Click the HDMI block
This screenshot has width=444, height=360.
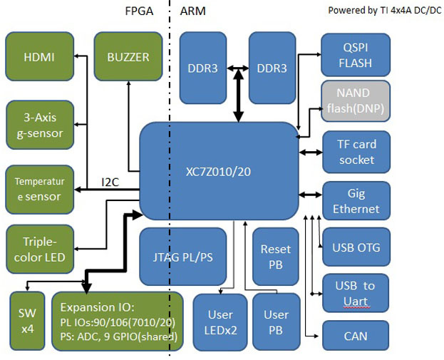coord(39,57)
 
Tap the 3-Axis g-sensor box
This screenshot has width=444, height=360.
coord(39,125)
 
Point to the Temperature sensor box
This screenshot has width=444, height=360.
coord(39,189)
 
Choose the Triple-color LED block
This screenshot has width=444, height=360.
coord(39,248)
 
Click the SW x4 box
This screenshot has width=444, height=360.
coord(27,320)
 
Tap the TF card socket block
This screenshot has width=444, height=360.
coord(356,152)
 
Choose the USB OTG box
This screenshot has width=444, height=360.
coord(356,248)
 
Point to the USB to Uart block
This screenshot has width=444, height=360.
coord(356,293)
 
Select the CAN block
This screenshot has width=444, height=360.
coord(356,334)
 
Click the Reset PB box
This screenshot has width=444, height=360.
coord(276,257)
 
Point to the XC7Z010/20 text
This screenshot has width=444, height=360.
coord(217,172)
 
